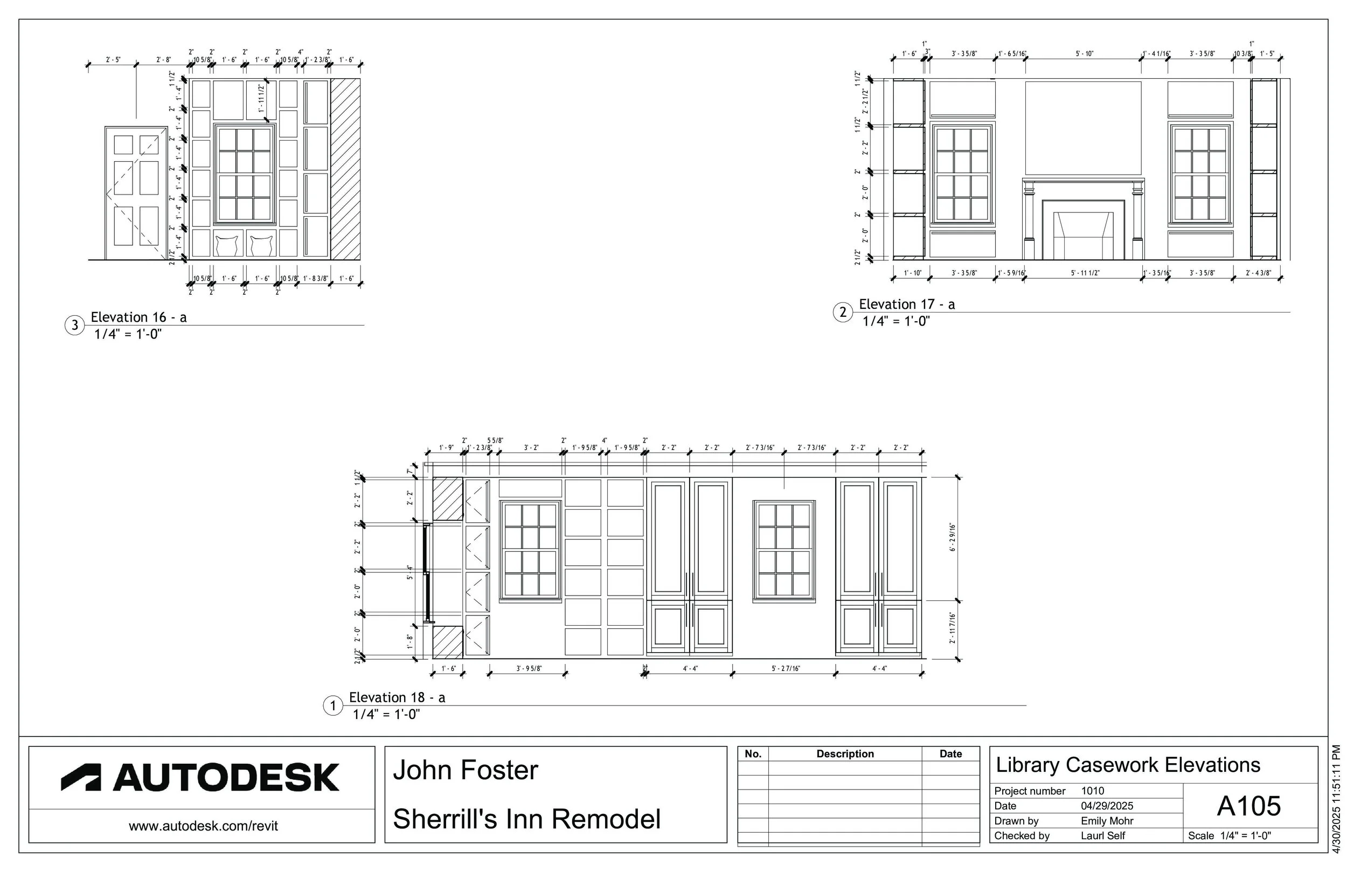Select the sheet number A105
1248,806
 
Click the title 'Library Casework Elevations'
1127,765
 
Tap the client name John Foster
465,770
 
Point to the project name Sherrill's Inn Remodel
526,819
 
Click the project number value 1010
1092,791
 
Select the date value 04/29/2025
1107,806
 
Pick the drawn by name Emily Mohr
1107,820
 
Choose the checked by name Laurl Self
1102,835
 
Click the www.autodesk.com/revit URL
203,826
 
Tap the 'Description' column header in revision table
844,753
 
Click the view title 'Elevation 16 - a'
138,317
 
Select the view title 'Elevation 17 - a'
907,304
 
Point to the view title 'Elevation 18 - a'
397,697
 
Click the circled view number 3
75,326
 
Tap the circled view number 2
843,312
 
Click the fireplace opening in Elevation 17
1084,237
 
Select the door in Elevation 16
136,193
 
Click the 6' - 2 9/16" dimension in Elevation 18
953,537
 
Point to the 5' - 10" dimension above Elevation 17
1085,54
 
